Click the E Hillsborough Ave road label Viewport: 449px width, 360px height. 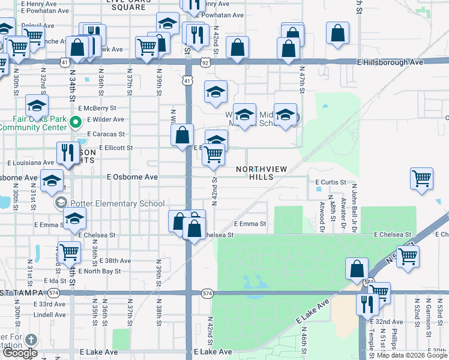tap(391, 62)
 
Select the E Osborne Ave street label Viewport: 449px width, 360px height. tap(132, 177)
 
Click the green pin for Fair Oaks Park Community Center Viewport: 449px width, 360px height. tap(75, 123)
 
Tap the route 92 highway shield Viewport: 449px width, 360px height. tap(206, 62)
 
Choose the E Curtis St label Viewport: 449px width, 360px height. tap(331, 182)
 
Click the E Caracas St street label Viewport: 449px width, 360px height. tap(106, 134)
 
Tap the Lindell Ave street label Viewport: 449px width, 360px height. tap(50, 314)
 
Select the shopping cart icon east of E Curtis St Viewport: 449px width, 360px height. tap(422, 178)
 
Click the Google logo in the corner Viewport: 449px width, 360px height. tap(20, 353)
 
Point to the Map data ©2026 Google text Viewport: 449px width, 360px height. tap(412, 356)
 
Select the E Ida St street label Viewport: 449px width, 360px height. tap(54, 280)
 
